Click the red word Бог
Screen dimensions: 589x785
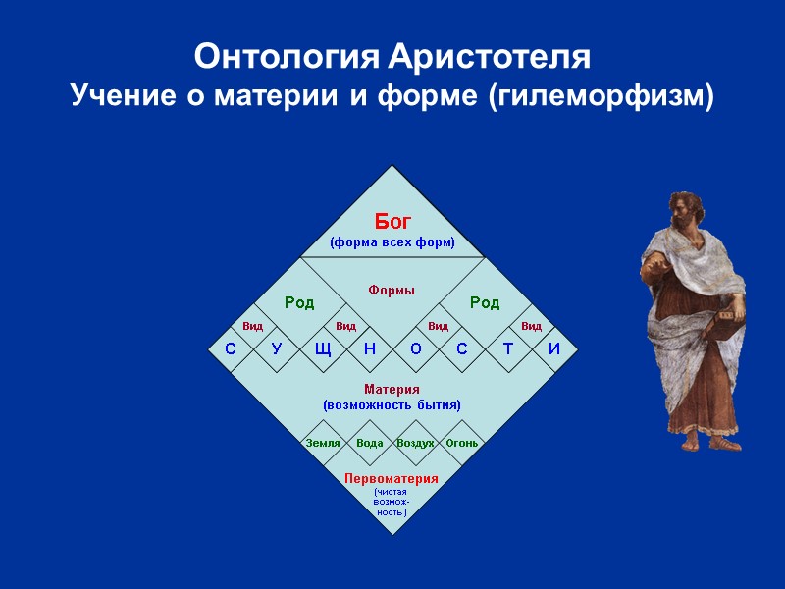pos(392,222)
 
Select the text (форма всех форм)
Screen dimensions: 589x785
pos(392,242)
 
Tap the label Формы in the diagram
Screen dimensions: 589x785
pos(392,290)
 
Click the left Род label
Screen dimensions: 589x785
pos(299,302)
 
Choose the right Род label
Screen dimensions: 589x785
pos(485,302)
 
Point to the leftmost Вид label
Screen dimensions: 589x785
pos(252,326)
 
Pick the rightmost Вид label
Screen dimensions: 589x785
pos(531,326)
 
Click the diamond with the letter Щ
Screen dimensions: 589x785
pos(323,349)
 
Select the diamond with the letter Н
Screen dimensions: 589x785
pos(369,349)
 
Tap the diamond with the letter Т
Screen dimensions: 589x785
pos(508,349)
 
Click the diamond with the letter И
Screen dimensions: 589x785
pos(554,349)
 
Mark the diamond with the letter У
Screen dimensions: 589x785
pos(276,349)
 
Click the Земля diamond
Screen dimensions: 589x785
pos(323,443)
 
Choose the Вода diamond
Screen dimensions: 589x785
pos(369,443)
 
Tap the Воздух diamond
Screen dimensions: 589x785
pos(415,443)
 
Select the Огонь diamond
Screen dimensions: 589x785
pos(462,443)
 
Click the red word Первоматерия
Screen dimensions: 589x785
pos(392,478)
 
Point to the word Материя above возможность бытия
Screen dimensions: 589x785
pos(392,390)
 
